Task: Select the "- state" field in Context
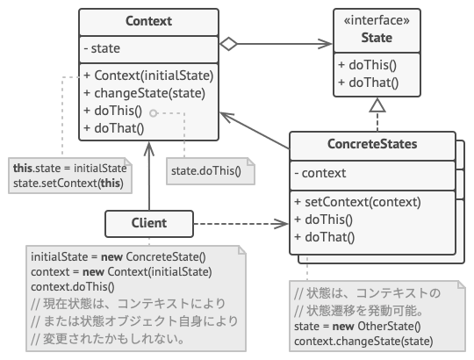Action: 102,48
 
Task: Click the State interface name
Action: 377,38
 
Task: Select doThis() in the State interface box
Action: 367,67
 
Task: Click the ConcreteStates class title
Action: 373,144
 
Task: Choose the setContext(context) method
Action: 357,201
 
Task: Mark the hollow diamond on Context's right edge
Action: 229,41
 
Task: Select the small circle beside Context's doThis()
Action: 153,112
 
